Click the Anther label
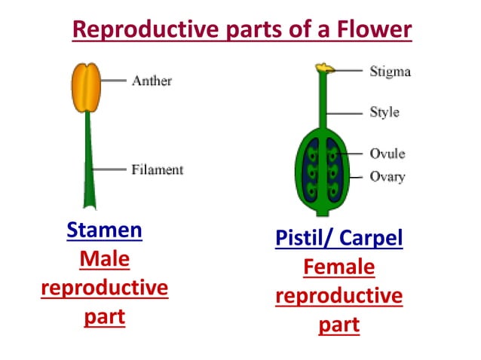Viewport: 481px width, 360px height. coord(152,81)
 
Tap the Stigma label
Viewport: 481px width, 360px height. coord(390,72)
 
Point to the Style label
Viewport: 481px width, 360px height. coord(384,113)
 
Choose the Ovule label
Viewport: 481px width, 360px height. coord(388,154)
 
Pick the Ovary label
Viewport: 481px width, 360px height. coord(388,178)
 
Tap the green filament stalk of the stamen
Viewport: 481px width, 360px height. coord(90,158)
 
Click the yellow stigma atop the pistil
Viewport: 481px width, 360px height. coord(325,69)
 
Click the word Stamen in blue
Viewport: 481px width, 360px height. coord(104,230)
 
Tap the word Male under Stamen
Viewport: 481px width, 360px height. coord(104,259)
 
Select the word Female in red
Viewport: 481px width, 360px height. coord(339,267)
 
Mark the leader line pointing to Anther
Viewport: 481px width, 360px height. coord(115,81)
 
